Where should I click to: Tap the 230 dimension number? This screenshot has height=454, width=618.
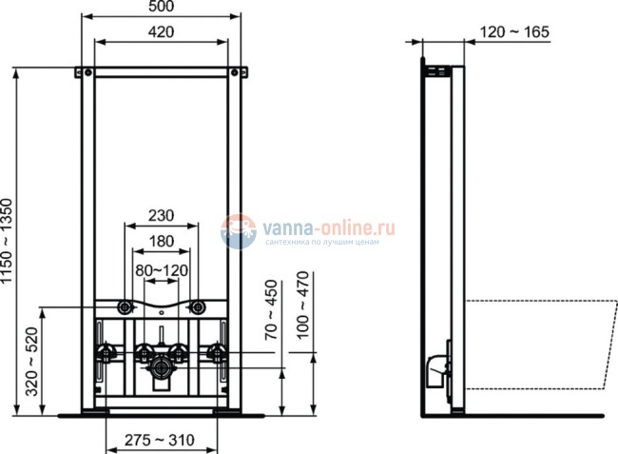coord(160,216)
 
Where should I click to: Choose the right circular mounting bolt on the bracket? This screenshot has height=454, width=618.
coord(198,306)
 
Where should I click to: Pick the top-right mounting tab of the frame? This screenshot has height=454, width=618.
coord(237,72)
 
